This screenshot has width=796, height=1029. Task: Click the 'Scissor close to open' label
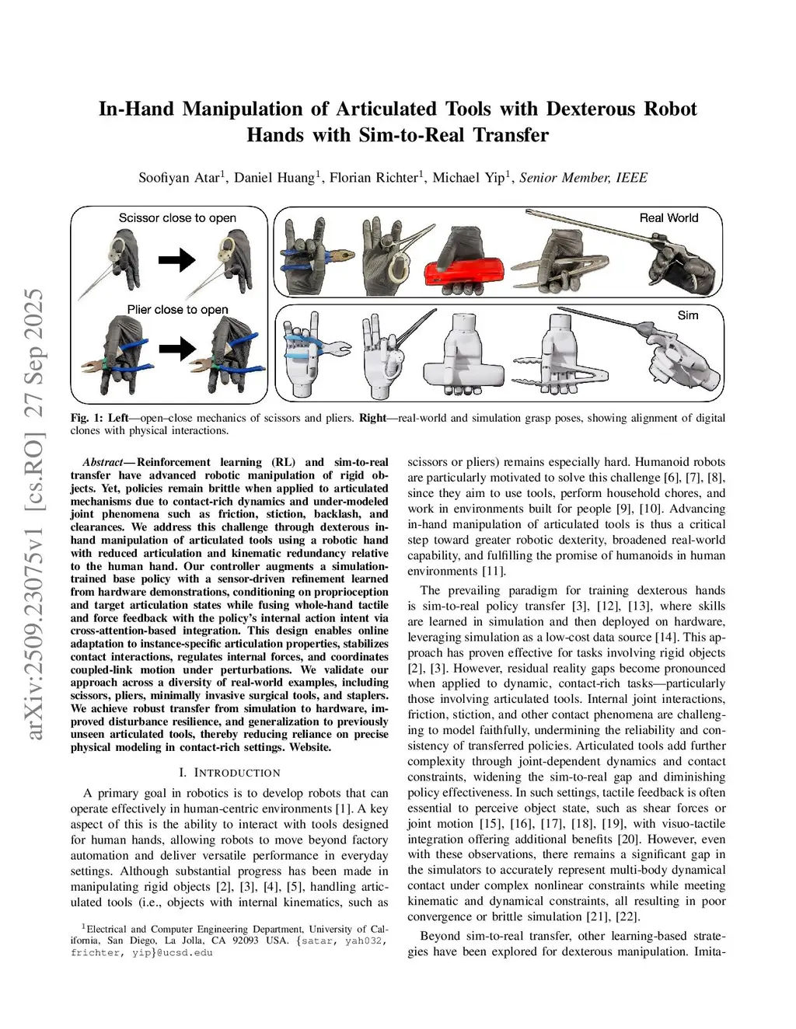coord(177,218)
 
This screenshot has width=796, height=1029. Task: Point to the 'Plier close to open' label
coord(178,310)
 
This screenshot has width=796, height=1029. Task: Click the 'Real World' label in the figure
coord(669,218)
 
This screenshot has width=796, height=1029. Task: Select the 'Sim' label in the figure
coord(687,315)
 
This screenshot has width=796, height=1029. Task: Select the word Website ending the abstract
coord(310,747)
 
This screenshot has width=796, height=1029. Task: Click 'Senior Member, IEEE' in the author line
coord(583,178)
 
